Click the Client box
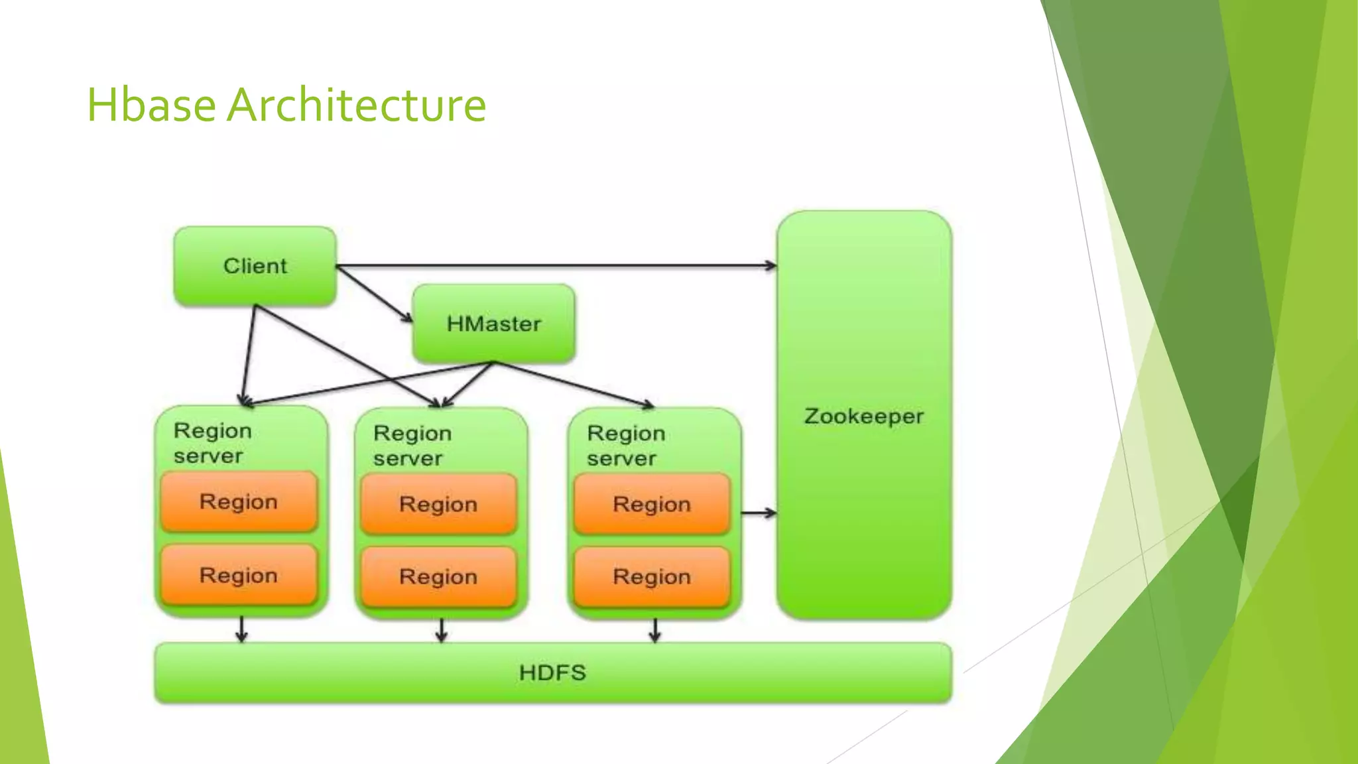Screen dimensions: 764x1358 (x=255, y=266)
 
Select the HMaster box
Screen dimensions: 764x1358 (x=493, y=324)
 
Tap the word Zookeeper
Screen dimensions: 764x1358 (x=863, y=416)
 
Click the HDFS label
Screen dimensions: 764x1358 (x=552, y=672)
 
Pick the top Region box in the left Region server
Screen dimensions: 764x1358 (x=239, y=502)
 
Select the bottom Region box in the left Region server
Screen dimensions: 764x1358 (x=239, y=575)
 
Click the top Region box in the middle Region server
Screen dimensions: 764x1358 (x=438, y=504)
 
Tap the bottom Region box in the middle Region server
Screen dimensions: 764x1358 (x=438, y=577)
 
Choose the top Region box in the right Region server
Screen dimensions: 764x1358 (x=652, y=504)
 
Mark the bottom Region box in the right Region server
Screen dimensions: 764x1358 (x=652, y=577)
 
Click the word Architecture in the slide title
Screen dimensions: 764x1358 (x=356, y=105)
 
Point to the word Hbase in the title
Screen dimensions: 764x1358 (x=151, y=105)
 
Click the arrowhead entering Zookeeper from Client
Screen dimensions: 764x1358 (x=771, y=266)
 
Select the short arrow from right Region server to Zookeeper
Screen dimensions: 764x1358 (x=758, y=513)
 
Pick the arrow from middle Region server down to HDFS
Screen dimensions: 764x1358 (x=442, y=630)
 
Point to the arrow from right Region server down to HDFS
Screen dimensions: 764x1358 (x=654, y=630)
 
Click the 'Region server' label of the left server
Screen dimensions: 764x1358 (x=212, y=443)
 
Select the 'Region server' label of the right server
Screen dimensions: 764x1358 (x=625, y=446)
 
